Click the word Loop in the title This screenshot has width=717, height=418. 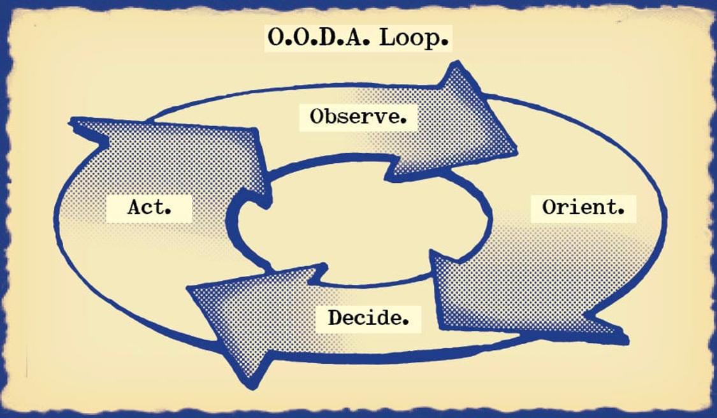tap(414, 38)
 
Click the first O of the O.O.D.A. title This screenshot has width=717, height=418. tap(276, 38)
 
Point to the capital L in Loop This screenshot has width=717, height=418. tap(387, 38)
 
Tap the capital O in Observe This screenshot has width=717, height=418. tap(318, 117)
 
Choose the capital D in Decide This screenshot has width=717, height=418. tap(336, 317)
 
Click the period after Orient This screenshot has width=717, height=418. tap(621, 212)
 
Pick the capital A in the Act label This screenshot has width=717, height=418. tap(135, 207)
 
